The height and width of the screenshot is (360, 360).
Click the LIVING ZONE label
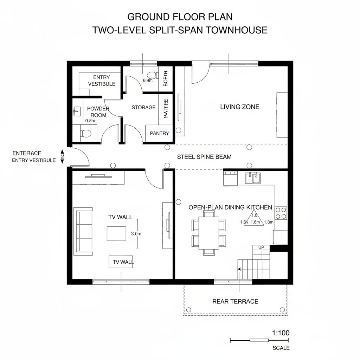pyautogui.click(x=240, y=107)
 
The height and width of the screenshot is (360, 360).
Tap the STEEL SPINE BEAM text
pyautogui.click(x=204, y=157)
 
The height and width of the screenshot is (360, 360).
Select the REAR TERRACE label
pyautogui.click(x=235, y=301)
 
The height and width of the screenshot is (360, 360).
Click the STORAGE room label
pyautogui.click(x=143, y=107)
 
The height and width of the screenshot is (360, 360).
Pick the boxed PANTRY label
pyautogui.click(x=159, y=133)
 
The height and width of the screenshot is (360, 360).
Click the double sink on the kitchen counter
pyautogui.click(x=253, y=178)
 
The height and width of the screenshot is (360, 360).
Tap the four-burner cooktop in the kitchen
pyautogui.click(x=281, y=213)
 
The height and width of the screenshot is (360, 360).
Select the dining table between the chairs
pyautogui.click(x=209, y=232)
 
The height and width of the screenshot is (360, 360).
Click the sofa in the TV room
pyautogui.click(x=83, y=231)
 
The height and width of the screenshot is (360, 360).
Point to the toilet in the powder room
pyautogui.click(x=85, y=134)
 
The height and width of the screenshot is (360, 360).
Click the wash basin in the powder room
pyautogui.click(x=76, y=112)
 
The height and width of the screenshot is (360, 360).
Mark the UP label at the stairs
pyautogui.click(x=261, y=247)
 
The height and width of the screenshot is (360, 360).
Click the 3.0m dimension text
pyautogui.click(x=136, y=233)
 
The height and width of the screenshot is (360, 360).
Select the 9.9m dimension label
pyautogui.click(x=148, y=80)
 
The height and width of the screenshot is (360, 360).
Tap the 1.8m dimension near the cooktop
pyautogui.click(x=269, y=222)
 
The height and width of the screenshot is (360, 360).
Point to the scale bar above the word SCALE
pyautogui.click(x=259, y=340)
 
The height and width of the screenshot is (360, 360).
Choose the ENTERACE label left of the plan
pyautogui.click(x=27, y=153)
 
